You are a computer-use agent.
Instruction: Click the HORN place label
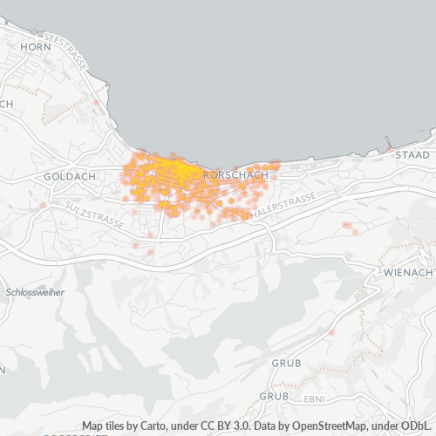point(36,46)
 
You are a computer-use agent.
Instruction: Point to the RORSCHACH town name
point(235,175)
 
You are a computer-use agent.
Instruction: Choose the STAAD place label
point(412,154)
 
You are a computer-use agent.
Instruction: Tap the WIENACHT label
point(409,273)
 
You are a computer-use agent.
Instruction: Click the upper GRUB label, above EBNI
point(285,361)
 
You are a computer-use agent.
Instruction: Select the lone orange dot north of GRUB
point(331,332)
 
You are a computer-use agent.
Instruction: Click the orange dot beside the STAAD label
point(388,149)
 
